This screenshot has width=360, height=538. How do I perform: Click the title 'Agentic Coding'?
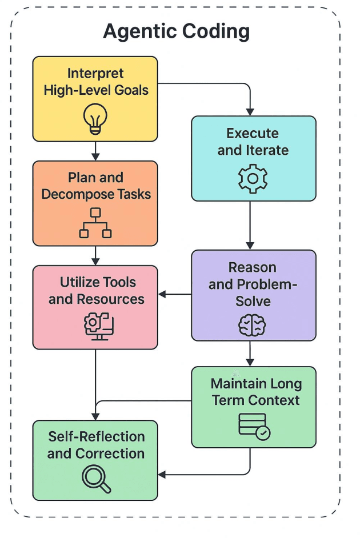point(176,31)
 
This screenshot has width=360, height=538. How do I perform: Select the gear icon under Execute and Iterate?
point(253,179)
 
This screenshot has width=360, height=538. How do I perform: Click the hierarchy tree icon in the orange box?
point(95,223)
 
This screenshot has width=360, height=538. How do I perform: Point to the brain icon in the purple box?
point(252,326)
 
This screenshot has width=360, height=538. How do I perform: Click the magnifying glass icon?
point(95,479)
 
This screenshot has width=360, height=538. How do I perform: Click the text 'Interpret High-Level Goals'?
point(95,82)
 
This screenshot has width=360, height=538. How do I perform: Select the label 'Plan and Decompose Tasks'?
point(95,186)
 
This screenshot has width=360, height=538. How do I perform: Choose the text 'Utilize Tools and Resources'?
point(97,291)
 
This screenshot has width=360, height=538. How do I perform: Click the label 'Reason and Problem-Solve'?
point(253,284)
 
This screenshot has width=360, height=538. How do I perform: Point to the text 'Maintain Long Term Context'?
point(255,392)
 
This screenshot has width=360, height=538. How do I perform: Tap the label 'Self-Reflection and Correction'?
point(95,445)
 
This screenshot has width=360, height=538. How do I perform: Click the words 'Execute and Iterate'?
point(253,142)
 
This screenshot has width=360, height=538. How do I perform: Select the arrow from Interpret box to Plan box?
point(95,151)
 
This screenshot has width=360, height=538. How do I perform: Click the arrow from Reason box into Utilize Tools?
point(174,295)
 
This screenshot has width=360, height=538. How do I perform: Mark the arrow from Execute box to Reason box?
point(250,225)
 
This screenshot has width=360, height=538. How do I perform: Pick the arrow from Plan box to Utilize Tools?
point(95,255)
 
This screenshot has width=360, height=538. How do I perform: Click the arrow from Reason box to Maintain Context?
point(250,354)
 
